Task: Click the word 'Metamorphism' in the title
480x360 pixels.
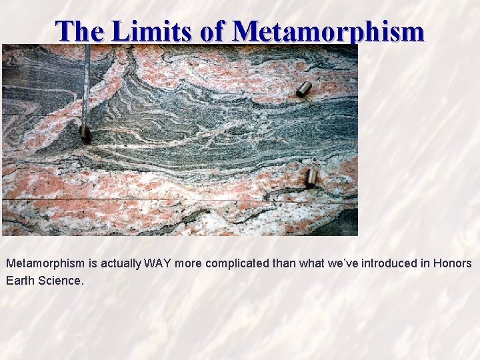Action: click(329, 31)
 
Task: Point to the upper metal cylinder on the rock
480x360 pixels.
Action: click(304, 89)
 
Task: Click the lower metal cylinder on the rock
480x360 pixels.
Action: click(311, 177)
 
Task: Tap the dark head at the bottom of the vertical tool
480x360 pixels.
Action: click(85, 133)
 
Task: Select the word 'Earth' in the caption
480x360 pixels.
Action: click(20, 281)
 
